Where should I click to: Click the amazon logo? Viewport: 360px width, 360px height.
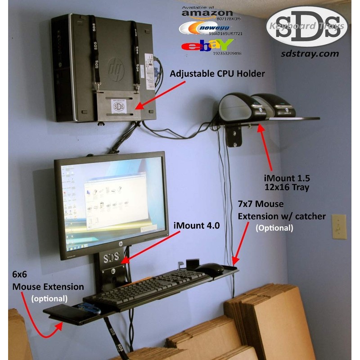coord(207,13)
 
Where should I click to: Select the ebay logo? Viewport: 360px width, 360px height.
coord(207,45)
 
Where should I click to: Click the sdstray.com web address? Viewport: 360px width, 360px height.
coord(309,53)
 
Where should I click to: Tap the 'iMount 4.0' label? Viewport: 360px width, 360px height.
coord(197,226)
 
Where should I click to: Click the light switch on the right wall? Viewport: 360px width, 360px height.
coord(338,226)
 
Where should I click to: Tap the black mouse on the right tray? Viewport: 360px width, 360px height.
coord(210,269)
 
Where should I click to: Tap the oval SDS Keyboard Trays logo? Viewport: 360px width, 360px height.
coord(308,25)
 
